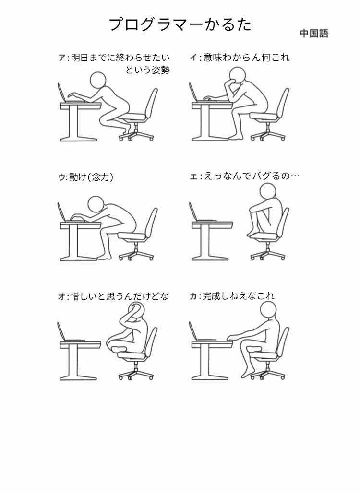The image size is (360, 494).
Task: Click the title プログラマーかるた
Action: click(180, 24)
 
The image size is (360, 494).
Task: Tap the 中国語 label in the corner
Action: click(314, 34)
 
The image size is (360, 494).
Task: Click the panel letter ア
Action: click(61, 59)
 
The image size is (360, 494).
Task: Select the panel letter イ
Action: click(193, 59)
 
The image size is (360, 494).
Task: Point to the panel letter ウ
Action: click(61, 177)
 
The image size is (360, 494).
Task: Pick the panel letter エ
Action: click(193, 176)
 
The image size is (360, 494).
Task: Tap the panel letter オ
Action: click(61, 296)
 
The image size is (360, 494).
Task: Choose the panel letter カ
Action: click(193, 296)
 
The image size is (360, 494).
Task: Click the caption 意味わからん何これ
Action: click(247, 58)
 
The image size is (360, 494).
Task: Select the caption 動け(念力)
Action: click(91, 177)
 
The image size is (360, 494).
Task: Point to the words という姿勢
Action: click(147, 71)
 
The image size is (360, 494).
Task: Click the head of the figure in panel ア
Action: click(98, 81)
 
